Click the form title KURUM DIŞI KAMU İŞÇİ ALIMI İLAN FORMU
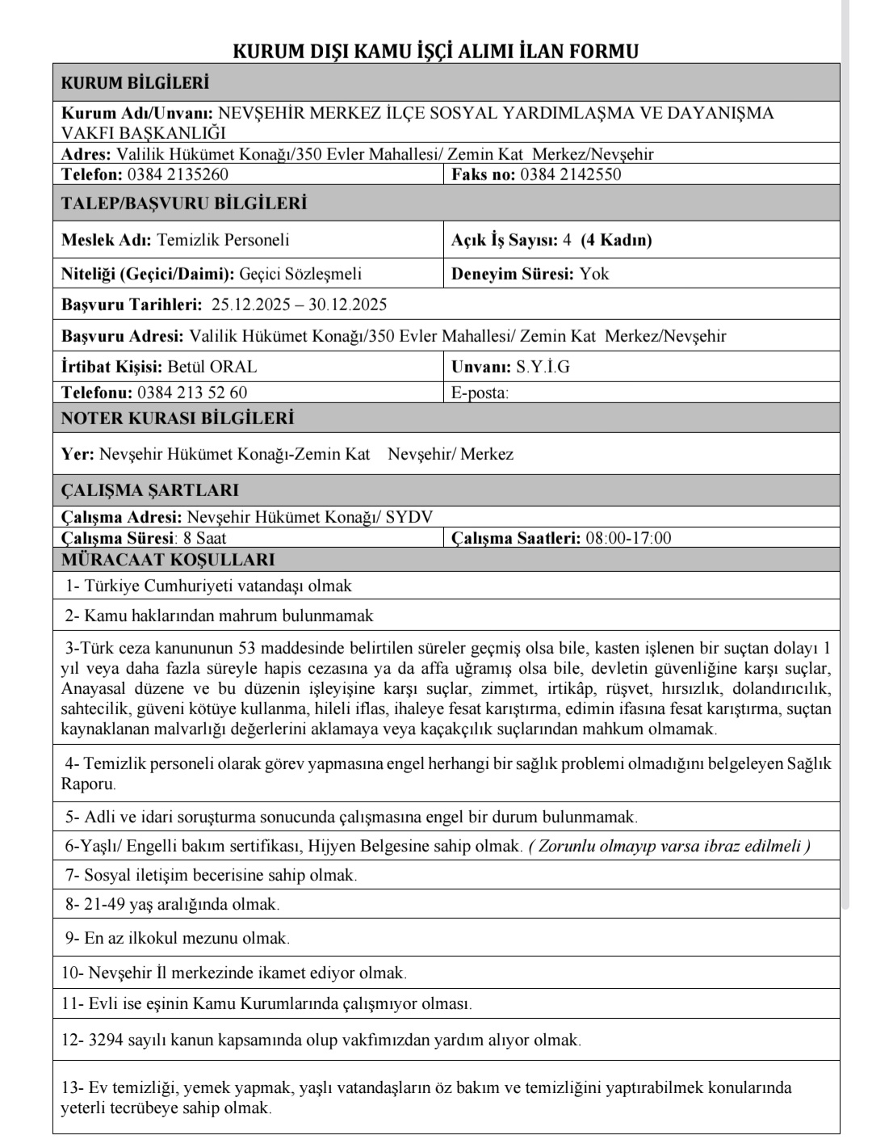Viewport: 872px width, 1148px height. tap(435, 52)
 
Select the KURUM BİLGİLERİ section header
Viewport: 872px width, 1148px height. tap(135, 83)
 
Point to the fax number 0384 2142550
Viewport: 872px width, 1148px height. tap(571, 175)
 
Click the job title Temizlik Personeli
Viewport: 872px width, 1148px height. tap(223, 240)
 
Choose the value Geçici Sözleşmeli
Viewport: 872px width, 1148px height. tap(300, 274)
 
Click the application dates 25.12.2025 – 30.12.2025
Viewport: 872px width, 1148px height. tap(299, 305)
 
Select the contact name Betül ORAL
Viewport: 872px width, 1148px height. tap(212, 367)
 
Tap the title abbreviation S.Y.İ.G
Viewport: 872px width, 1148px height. tap(543, 367)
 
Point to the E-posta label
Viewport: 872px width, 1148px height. tap(480, 393)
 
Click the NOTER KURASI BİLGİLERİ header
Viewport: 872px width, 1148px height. tap(178, 418)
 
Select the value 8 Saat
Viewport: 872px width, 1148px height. tap(205, 538)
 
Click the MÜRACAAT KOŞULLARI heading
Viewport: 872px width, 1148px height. tap(168, 560)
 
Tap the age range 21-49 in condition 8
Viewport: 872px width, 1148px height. tap(103, 905)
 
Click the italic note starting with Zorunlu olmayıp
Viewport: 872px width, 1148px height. tap(669, 846)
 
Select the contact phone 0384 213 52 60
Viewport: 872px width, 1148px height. tap(192, 393)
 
